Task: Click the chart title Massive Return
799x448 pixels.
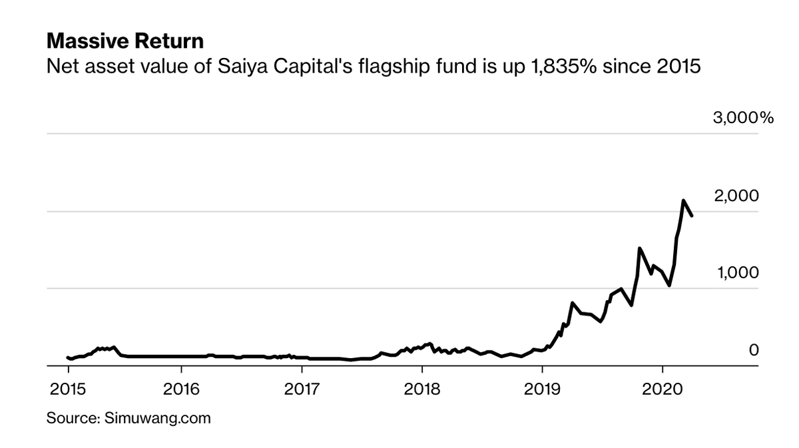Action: pyautogui.click(x=125, y=42)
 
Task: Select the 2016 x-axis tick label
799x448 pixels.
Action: pyautogui.click(x=181, y=389)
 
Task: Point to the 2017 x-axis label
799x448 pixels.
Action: pyautogui.click(x=302, y=389)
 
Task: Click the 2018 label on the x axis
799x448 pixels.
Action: pyautogui.click(x=421, y=389)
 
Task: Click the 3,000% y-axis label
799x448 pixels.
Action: pyautogui.click(x=742, y=118)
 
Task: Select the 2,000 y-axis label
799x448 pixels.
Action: pyautogui.click(x=736, y=196)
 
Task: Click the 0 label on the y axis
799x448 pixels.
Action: pyautogui.click(x=754, y=350)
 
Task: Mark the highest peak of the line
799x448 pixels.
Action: pyautogui.click(x=683, y=200)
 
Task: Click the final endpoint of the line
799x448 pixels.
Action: pyautogui.click(x=692, y=216)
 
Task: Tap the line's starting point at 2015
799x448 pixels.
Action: pyautogui.click(x=68, y=357)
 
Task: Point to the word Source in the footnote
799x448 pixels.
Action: pyautogui.click(x=72, y=419)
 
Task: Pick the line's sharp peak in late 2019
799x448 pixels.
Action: pyautogui.click(x=639, y=248)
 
